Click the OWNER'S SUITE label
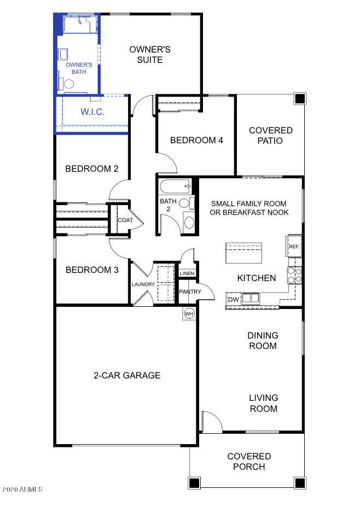point(149,54)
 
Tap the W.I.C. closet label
point(92,112)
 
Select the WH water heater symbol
point(189,313)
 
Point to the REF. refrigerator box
point(294,247)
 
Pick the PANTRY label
point(190,292)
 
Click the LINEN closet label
point(187,273)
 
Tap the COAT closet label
point(125,220)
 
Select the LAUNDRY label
point(143,284)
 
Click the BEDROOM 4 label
point(196,140)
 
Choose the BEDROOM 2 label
point(92,168)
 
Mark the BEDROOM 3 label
point(92,270)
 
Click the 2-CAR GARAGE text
point(126,375)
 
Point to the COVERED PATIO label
point(270,135)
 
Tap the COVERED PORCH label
point(249,461)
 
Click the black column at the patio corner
point(299,99)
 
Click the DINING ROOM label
point(263,340)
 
